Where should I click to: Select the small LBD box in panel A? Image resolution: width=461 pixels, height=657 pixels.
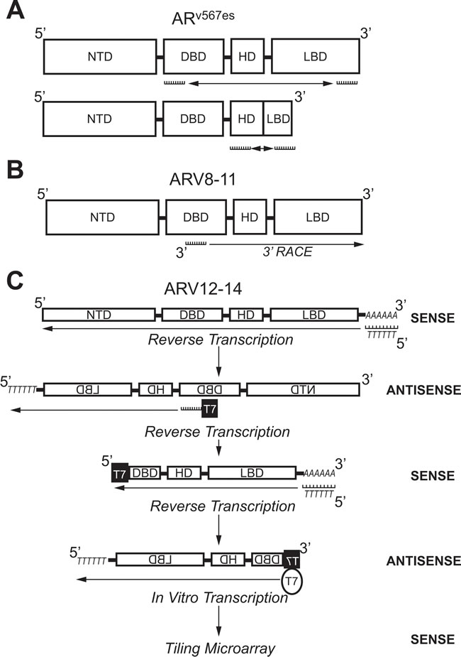[x=279, y=117]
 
